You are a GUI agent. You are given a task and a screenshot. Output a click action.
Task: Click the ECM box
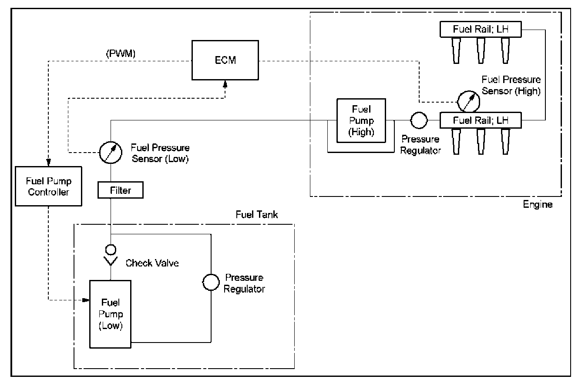225,61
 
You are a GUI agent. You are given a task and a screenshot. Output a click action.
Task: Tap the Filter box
121,190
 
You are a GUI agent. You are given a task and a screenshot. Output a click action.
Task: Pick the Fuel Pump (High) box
362,120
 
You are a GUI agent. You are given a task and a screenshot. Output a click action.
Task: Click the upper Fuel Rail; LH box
480,30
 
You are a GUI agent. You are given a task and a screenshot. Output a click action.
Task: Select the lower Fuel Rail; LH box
480,120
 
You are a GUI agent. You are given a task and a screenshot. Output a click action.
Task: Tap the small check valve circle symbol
111,250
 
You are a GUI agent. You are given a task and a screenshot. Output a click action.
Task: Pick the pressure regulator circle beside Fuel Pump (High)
419,120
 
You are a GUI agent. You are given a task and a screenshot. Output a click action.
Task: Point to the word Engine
538,204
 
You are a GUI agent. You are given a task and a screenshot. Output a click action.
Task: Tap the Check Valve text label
152,263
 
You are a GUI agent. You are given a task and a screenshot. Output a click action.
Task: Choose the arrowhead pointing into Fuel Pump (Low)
86,299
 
